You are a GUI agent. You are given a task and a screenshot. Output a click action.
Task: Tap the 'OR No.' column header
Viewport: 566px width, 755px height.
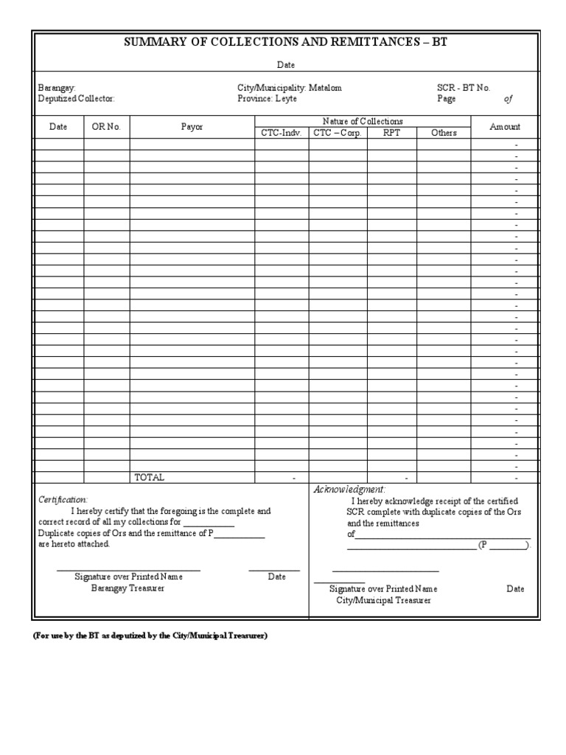coord(106,127)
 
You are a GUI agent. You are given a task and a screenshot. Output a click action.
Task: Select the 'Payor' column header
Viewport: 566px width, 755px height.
coord(192,127)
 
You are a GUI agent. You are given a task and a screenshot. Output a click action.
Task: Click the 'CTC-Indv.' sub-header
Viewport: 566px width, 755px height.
coord(281,133)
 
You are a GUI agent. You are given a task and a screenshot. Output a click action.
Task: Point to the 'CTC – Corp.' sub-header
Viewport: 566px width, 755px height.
coord(337,133)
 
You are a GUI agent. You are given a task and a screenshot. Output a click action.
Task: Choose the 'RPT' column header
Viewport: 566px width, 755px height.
coord(391,133)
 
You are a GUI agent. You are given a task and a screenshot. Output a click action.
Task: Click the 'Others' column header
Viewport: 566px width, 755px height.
coord(444,133)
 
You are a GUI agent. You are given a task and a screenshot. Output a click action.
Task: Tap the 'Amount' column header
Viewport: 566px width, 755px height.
coord(505,127)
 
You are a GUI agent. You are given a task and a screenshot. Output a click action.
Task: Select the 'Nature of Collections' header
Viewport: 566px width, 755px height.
coord(363,121)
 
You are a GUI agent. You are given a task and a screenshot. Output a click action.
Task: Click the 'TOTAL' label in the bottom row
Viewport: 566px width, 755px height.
coord(149,478)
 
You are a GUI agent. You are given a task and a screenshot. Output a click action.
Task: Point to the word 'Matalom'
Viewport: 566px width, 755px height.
coord(325,88)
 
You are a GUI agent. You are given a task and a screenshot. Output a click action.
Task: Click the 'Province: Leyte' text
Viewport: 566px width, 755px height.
coord(268,99)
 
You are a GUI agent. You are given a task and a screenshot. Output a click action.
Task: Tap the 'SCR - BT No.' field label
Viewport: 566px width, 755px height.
coord(464,88)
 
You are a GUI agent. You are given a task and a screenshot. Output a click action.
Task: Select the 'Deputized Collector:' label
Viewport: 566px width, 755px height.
coord(77,99)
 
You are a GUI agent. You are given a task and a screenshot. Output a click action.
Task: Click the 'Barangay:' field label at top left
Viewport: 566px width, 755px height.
coord(57,88)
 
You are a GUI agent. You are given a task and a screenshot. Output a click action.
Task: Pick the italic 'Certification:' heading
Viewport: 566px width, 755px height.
coord(63,500)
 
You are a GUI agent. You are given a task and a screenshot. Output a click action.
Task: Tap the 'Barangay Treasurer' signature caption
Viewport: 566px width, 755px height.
coord(128,588)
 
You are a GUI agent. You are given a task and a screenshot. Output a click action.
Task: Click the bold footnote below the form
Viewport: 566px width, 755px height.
coord(150,636)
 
